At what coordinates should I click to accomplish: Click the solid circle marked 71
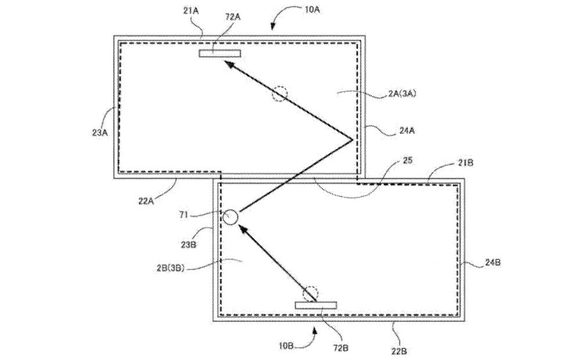pos(232,217)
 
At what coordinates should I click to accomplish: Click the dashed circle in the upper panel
pos(282,93)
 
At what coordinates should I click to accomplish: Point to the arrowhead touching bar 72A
pos(228,63)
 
